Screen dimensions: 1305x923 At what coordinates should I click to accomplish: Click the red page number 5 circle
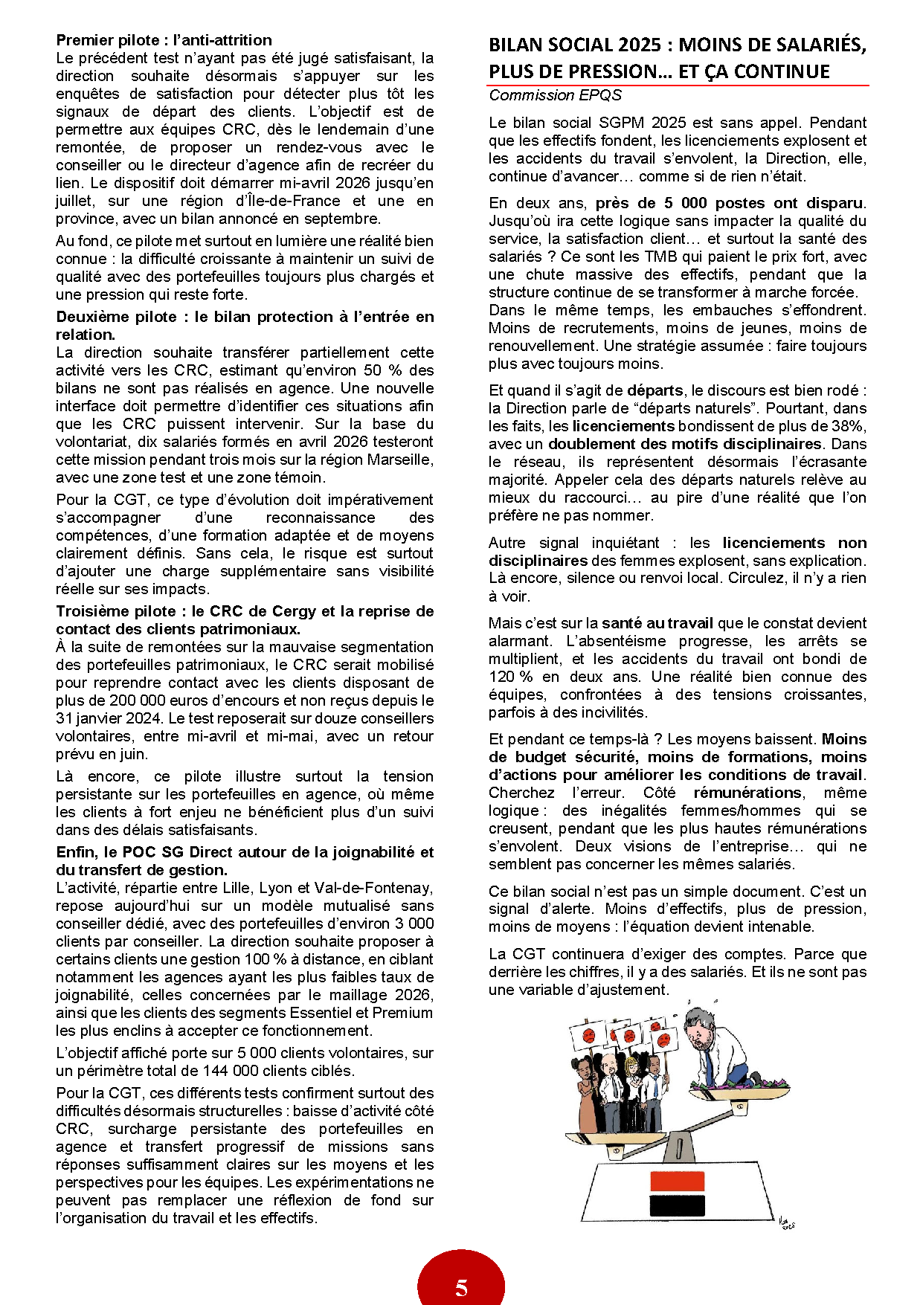tap(461, 1285)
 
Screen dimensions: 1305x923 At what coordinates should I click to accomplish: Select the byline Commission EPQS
tap(554, 95)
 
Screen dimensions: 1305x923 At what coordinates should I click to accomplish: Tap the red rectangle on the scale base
tap(677, 1182)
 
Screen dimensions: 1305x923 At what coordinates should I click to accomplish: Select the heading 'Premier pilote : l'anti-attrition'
tap(164, 40)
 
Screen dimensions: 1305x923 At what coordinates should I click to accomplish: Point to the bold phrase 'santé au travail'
tap(657, 623)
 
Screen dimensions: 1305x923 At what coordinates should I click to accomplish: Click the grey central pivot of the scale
tap(678, 1147)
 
